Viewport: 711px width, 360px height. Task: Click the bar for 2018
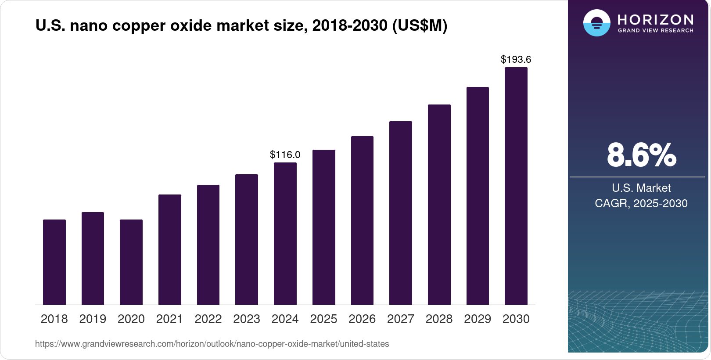54,262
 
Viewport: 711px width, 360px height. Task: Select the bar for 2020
131,262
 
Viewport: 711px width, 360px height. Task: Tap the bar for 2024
285,234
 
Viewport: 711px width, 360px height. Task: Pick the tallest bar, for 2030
516,186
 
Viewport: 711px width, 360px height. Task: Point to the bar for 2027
401,213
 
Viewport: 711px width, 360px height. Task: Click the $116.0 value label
285,155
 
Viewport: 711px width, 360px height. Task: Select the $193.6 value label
516,59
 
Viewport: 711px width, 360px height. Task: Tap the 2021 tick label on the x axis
169,319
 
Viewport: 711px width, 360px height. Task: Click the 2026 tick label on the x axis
362,319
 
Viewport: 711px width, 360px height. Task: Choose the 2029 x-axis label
478,319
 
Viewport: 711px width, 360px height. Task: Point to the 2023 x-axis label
247,319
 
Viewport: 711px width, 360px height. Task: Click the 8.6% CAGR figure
641,155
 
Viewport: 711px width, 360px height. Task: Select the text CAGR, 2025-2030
641,203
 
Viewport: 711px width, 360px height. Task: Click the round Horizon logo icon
596,23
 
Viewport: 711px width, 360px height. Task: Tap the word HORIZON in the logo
655,19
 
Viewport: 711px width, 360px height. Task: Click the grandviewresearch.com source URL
212,344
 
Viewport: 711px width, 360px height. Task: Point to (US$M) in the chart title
420,25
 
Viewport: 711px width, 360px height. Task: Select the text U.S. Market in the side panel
641,188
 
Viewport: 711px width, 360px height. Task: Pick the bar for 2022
208,245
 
